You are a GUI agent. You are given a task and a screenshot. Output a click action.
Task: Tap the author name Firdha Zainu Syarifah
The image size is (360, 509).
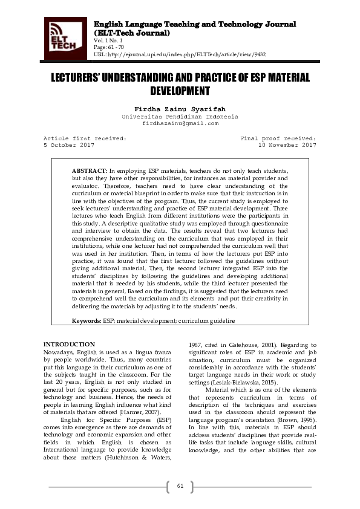(x=180, y=108)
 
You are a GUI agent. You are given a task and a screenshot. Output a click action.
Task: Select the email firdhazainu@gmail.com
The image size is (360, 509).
(x=180, y=123)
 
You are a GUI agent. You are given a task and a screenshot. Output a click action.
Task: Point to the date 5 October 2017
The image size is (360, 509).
(x=69, y=145)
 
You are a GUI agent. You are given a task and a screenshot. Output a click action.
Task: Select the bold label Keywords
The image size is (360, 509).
(x=87, y=320)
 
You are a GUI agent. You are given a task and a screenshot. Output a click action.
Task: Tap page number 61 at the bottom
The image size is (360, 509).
(x=180, y=487)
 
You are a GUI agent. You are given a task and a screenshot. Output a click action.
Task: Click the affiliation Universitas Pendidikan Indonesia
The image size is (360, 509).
(x=180, y=116)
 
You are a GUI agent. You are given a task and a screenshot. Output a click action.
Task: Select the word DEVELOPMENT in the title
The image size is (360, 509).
(x=180, y=91)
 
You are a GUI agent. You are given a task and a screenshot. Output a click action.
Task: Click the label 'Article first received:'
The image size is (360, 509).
(x=85, y=138)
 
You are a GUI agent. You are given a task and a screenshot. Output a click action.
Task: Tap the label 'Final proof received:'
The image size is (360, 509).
(x=278, y=138)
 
